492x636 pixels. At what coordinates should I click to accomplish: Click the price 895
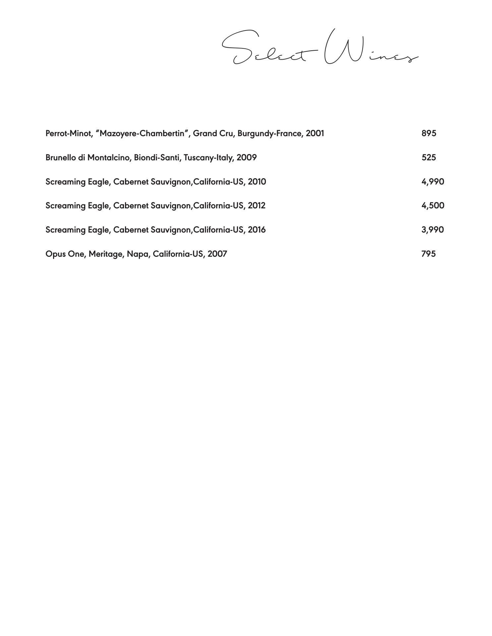click(429, 133)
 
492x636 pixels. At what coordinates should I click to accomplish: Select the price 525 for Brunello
click(429, 157)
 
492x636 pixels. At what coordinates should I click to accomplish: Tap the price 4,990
click(433, 182)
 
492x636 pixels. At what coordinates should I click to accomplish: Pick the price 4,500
click(433, 205)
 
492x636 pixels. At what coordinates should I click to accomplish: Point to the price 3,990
click(433, 230)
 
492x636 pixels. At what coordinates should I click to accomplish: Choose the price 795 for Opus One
click(428, 254)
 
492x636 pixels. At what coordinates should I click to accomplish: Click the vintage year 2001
click(315, 133)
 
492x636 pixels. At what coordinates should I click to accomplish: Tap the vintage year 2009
click(247, 157)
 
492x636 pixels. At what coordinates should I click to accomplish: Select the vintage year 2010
click(257, 182)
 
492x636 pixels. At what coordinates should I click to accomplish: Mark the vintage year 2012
click(257, 205)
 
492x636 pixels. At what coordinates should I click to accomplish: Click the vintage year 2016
click(257, 230)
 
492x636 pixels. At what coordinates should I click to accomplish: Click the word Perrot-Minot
click(69, 133)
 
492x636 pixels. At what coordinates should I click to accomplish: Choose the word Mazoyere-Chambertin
click(142, 133)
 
